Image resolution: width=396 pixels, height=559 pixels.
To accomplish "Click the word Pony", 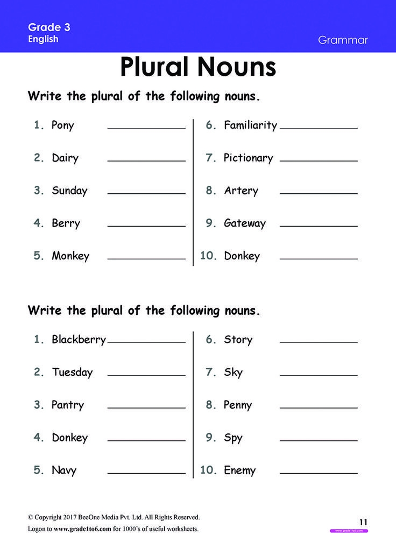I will click(62, 126).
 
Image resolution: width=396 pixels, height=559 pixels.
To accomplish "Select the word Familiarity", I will click(250, 126).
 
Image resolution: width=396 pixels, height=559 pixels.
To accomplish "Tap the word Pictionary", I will click(248, 158).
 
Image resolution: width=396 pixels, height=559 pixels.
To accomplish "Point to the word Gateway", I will click(245, 223).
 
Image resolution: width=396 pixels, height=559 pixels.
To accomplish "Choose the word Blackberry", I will click(79, 340).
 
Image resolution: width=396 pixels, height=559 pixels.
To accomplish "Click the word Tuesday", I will click(72, 373).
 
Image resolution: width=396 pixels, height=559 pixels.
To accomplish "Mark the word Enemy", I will click(239, 471).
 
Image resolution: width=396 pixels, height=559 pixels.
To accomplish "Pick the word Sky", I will click(233, 373).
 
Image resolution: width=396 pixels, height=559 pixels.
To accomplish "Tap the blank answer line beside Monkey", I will click(146, 259).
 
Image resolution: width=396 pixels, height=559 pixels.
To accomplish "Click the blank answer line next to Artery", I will click(319, 193).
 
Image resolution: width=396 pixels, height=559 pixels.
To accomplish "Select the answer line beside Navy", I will click(146, 474).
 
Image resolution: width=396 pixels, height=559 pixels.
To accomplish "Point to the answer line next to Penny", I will click(319, 408).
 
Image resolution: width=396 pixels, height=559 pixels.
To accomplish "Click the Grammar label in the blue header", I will click(343, 40).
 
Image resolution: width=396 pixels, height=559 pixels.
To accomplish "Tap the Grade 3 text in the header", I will click(49, 27).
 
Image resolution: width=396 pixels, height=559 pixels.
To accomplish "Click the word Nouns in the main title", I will click(237, 67).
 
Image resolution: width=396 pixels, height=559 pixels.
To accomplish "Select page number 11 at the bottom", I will click(364, 521).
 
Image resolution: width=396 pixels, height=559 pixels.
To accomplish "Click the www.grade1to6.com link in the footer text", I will click(82, 529).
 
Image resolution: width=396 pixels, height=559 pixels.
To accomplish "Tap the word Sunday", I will click(69, 191).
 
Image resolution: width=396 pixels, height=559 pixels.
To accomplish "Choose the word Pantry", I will click(68, 405).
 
